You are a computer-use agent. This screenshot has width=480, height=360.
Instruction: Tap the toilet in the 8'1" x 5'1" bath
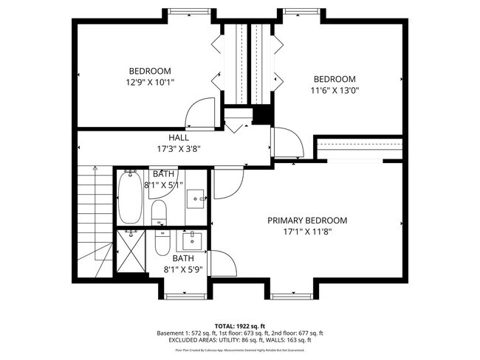159,215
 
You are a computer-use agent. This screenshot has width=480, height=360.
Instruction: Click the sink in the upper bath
196,197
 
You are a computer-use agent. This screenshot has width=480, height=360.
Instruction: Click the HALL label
178,137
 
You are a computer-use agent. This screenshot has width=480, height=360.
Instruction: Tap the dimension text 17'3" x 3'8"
178,148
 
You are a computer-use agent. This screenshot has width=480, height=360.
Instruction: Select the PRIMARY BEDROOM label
306,221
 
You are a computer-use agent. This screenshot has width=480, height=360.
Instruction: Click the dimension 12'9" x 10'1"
151,83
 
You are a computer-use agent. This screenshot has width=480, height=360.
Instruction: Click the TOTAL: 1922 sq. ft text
240,325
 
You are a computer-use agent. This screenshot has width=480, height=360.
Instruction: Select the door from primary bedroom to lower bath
222,263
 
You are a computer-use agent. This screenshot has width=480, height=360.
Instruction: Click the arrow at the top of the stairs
95,169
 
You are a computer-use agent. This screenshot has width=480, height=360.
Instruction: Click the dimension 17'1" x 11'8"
306,232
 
